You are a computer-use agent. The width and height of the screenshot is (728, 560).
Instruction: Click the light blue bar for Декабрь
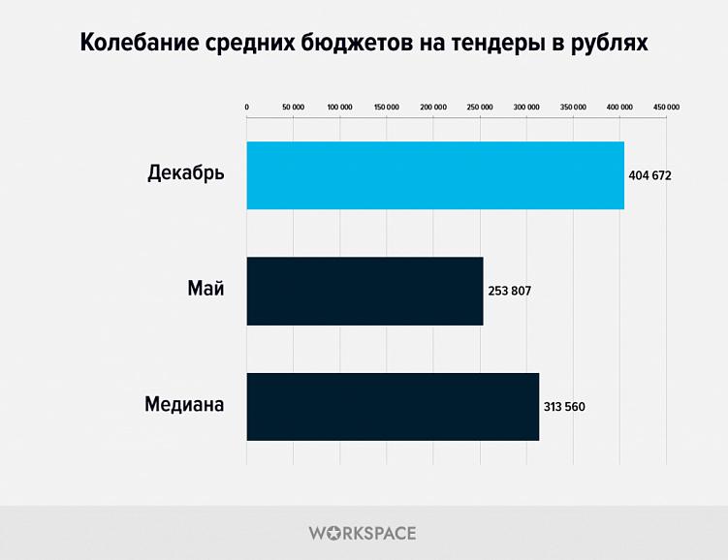coord(435,175)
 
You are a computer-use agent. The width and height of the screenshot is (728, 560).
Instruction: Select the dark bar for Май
coord(364,291)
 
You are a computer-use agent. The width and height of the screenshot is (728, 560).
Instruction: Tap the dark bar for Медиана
coord(393,406)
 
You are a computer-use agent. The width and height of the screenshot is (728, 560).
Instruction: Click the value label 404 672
coord(650,176)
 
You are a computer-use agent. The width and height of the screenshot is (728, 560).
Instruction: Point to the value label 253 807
coord(510,291)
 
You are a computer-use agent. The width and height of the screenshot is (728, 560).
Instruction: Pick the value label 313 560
coord(565,406)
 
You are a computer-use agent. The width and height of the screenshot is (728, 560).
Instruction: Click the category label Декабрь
coord(186,174)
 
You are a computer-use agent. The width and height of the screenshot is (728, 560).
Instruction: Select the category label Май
coord(206,290)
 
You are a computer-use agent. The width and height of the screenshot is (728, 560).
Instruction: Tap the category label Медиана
coord(184,405)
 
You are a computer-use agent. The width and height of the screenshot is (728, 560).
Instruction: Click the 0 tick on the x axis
coord(247,107)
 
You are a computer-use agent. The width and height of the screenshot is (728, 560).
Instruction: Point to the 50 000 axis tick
coord(293,107)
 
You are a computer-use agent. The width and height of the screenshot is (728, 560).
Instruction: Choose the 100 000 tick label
coord(339,107)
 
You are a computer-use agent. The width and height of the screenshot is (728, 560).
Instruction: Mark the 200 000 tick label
coord(433,107)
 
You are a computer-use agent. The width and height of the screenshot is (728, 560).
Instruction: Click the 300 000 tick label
coord(526,107)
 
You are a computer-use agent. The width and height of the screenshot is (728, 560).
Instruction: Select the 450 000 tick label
coord(666,107)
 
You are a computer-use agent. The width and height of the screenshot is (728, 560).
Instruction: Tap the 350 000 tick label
coord(573,107)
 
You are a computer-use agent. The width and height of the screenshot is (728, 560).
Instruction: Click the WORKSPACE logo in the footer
coord(363,533)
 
